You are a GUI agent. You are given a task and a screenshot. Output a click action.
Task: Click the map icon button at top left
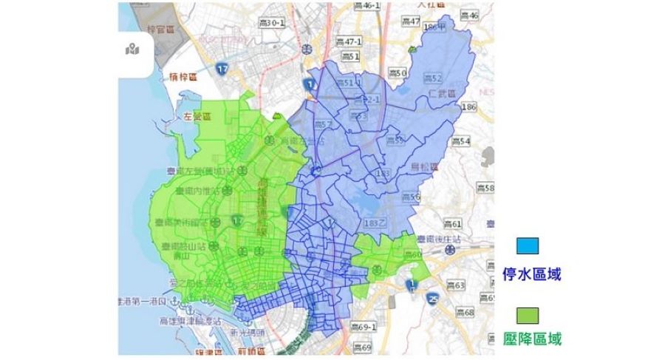[133, 50]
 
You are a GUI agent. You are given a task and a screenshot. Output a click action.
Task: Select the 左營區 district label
[197, 117]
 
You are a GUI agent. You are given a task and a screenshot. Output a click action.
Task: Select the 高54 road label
[461, 141]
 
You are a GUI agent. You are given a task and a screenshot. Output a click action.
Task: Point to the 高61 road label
[452, 223]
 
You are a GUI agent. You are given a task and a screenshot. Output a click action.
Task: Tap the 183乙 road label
[375, 223]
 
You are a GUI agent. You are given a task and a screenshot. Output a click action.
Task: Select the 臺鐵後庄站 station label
[440, 239]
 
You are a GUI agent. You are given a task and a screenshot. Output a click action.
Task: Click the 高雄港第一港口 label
[146, 301]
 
